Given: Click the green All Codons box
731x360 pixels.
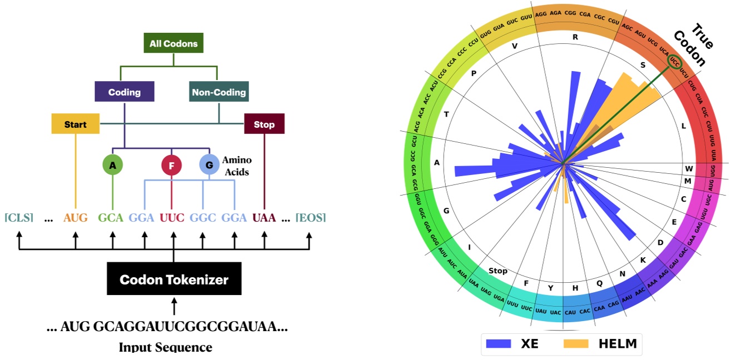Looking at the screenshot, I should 173,43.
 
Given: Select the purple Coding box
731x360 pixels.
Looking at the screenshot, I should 124,92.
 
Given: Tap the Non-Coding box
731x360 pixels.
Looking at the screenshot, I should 218,92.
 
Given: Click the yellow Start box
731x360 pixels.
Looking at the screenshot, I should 76,124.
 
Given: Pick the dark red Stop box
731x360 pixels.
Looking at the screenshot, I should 264,124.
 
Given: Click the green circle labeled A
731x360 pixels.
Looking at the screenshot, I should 113,165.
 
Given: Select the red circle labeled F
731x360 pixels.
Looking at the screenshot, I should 171,165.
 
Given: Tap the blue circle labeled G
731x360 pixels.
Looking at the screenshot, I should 209,165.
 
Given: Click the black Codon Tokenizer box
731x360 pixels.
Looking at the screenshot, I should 174,279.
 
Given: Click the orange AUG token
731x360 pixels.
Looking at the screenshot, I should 76,218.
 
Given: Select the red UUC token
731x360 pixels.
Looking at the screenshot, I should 172,218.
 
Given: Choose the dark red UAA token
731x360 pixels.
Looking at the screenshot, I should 264,218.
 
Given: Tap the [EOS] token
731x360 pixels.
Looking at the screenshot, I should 311,218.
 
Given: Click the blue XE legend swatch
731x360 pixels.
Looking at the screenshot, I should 499,344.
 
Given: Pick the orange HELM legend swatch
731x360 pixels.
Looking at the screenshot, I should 576,344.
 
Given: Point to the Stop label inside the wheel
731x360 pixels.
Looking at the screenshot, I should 498,271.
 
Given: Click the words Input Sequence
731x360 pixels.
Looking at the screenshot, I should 166,348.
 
